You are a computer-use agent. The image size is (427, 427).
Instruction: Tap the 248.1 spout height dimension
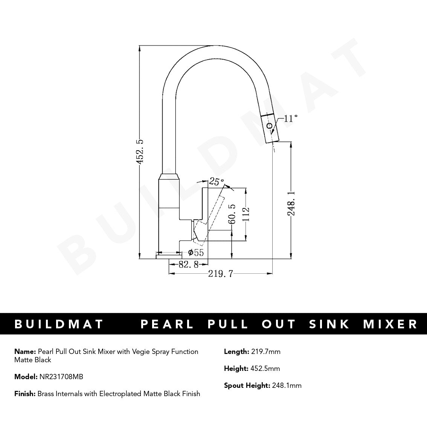[291, 203]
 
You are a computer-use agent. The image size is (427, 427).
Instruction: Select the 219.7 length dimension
[221, 274]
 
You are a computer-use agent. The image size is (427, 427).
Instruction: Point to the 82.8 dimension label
[188, 265]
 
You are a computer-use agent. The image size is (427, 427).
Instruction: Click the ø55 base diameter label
[195, 253]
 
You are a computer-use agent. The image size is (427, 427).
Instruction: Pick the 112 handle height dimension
[246, 215]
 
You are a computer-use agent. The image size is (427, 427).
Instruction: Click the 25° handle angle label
[217, 182]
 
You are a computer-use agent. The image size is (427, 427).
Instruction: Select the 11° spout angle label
[290, 119]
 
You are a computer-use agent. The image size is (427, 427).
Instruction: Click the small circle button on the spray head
[269, 126]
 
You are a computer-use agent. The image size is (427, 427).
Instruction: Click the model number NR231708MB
[61, 377]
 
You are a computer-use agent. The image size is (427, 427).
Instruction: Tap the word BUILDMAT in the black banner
[59, 324]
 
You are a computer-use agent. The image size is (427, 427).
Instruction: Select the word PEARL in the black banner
[167, 324]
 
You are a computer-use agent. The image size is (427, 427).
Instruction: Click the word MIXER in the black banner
[390, 324]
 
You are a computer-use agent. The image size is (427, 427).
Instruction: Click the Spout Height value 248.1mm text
[287, 385]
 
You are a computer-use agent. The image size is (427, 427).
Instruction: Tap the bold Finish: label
[25, 394]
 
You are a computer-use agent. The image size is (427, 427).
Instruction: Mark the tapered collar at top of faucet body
[169, 177]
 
